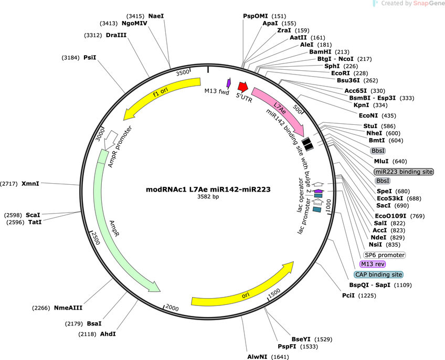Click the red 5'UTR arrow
pos(243,86)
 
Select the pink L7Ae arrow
pos(279,110)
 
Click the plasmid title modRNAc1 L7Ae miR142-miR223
pos(208,189)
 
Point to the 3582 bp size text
pos(208,196)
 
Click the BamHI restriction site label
pos(320,52)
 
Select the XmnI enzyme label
pos(30,184)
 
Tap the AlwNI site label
pos(258,357)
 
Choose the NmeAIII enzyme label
pos(68,308)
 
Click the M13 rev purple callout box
pos(373,264)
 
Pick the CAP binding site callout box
pos(378,274)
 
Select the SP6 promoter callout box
pos(385,255)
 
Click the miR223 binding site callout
pos(404,172)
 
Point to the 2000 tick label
pos(172,308)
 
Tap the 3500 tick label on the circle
pos(183,72)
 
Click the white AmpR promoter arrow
pos(110,140)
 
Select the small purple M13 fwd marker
pos(228,82)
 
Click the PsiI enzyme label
pos(90,58)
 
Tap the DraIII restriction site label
pos(116,35)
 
